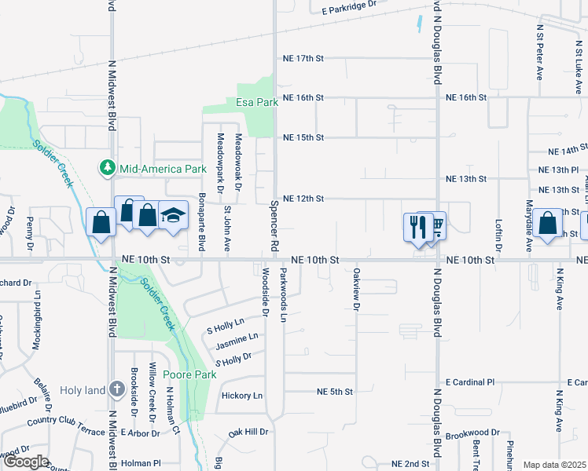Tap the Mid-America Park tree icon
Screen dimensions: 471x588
pyautogui.click(x=106, y=168)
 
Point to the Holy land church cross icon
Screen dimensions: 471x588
pyautogui.click(x=116, y=389)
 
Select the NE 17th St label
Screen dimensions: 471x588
pyautogui.click(x=303, y=59)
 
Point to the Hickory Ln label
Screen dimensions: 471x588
pyautogui.click(x=242, y=396)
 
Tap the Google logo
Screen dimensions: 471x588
pyautogui.click(x=26, y=462)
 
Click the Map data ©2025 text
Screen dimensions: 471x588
pyautogui.click(x=554, y=465)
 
